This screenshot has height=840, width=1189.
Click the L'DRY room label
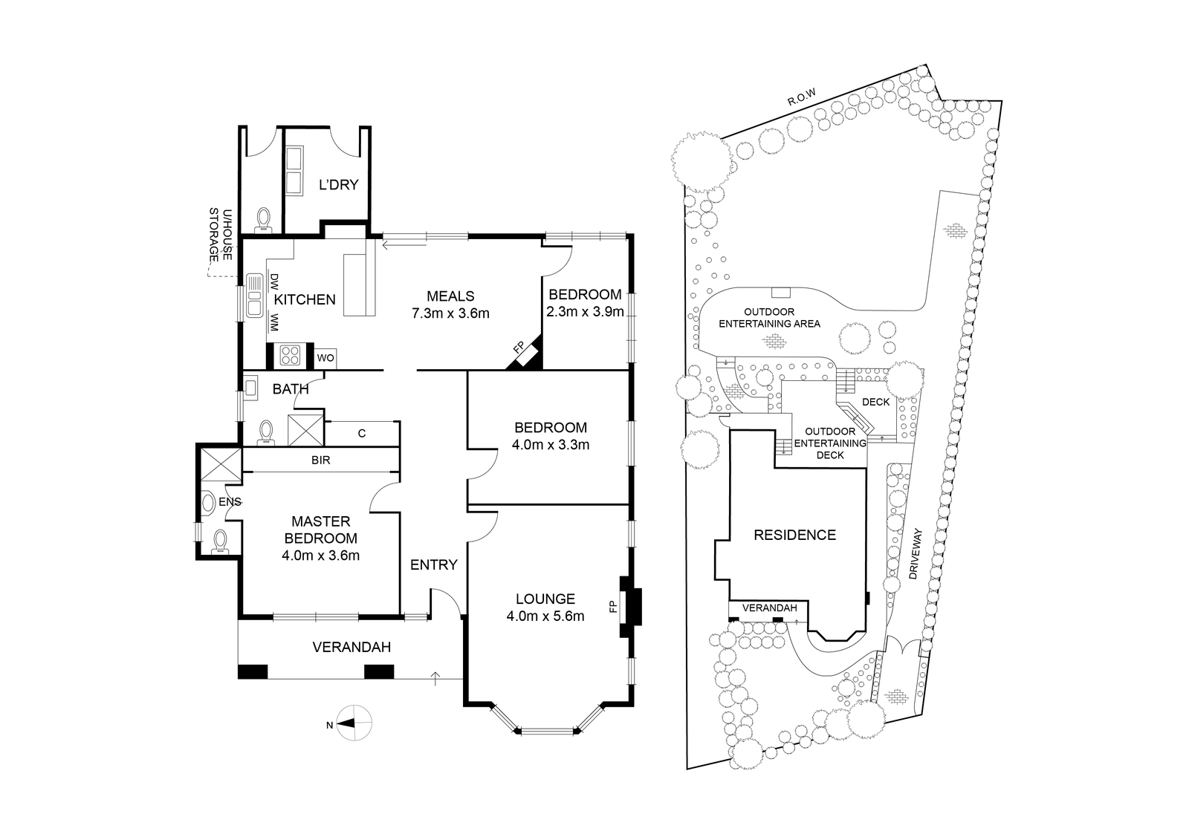(x=338, y=185)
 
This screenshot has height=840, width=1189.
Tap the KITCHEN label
(x=305, y=300)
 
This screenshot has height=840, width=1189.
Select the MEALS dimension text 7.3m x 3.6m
(x=450, y=313)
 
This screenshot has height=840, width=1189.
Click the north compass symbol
(x=354, y=723)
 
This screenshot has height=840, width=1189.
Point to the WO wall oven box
(x=325, y=358)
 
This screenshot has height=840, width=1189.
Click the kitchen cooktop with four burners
(x=290, y=355)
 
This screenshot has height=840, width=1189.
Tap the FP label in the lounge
(x=614, y=606)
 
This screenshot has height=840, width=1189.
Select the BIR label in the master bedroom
(x=320, y=460)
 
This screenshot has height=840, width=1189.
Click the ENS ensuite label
(x=230, y=501)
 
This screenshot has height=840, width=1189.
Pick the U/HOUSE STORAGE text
(x=220, y=235)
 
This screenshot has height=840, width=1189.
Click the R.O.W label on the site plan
(x=801, y=97)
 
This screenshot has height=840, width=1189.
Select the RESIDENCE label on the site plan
(x=794, y=535)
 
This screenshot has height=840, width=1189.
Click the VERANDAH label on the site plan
(x=770, y=608)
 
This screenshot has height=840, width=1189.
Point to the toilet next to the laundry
(x=263, y=220)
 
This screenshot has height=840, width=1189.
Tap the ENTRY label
(x=434, y=564)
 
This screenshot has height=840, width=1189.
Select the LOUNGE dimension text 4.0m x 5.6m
(x=545, y=616)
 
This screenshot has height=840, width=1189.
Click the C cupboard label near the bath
(x=362, y=434)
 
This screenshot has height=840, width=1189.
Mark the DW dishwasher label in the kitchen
(x=274, y=281)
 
